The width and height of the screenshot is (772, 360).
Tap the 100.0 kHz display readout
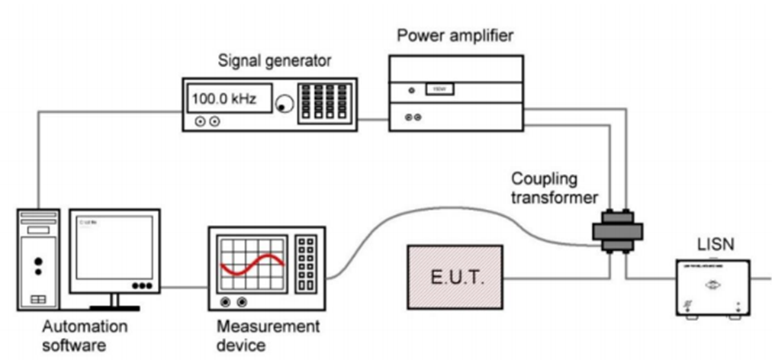click(x=225, y=99)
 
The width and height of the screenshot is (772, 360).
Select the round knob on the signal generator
click(x=285, y=102)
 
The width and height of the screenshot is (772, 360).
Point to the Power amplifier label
click(x=455, y=36)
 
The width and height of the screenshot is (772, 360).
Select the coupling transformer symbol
click(x=617, y=230)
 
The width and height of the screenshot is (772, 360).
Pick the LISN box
click(x=712, y=287)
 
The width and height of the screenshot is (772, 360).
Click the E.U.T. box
click(x=455, y=274)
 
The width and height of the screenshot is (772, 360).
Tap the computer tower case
click(x=38, y=259)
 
